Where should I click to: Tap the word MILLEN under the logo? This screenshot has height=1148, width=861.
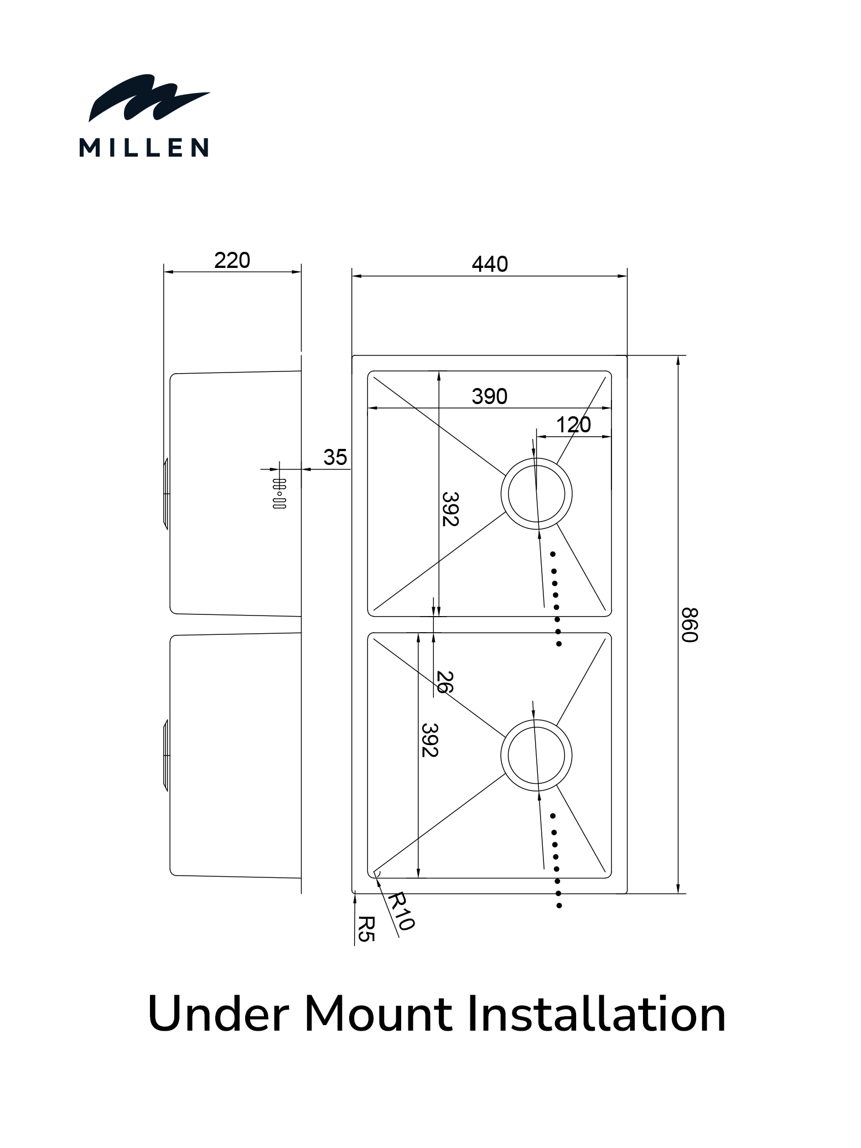pyautogui.click(x=144, y=148)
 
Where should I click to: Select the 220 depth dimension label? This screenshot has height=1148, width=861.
pyautogui.click(x=232, y=260)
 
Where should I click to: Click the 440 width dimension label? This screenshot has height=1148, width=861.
pyautogui.click(x=490, y=264)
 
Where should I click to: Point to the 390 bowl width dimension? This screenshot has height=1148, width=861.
pyautogui.click(x=490, y=396)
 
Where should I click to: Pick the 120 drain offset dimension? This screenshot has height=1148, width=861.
pyautogui.click(x=573, y=425)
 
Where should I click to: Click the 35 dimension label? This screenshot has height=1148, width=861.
pyautogui.click(x=335, y=457)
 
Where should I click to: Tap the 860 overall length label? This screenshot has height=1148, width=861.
pyautogui.click(x=690, y=625)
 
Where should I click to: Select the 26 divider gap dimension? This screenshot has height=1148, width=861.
pyautogui.click(x=444, y=682)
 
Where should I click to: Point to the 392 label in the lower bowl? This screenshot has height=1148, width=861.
pyautogui.click(x=429, y=740)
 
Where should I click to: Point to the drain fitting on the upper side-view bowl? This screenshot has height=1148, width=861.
pyautogui.click(x=165, y=493)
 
